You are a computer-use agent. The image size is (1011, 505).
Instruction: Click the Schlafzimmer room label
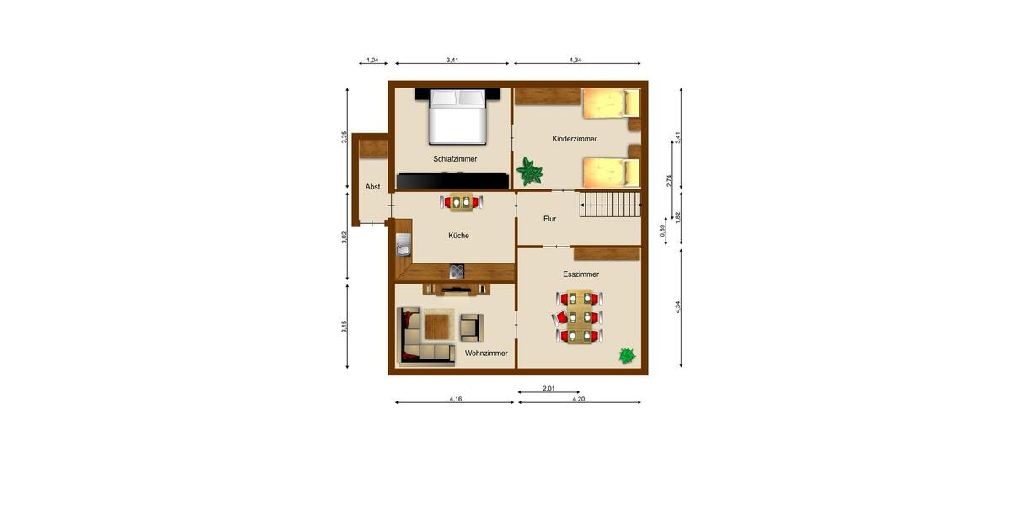455,158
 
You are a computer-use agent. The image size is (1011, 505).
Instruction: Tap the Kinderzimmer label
575,139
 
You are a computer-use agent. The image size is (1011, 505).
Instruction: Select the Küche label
458,236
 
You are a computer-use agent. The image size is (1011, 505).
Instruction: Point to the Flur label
549,219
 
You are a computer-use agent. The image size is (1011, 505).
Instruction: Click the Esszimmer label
580,274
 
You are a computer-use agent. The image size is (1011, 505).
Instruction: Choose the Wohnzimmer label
486,353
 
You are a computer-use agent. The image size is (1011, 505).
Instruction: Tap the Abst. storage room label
373,187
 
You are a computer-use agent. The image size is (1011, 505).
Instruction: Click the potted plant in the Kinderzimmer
530,171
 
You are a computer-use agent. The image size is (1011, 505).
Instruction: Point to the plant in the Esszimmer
626,356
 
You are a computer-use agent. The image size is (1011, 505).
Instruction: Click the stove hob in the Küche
457,271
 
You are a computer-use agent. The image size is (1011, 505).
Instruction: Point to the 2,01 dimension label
548,388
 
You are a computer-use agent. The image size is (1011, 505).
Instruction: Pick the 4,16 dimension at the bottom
455,399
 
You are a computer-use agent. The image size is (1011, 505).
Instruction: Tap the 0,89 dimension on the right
662,229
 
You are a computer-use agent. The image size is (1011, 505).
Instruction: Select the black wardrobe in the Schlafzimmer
453,180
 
